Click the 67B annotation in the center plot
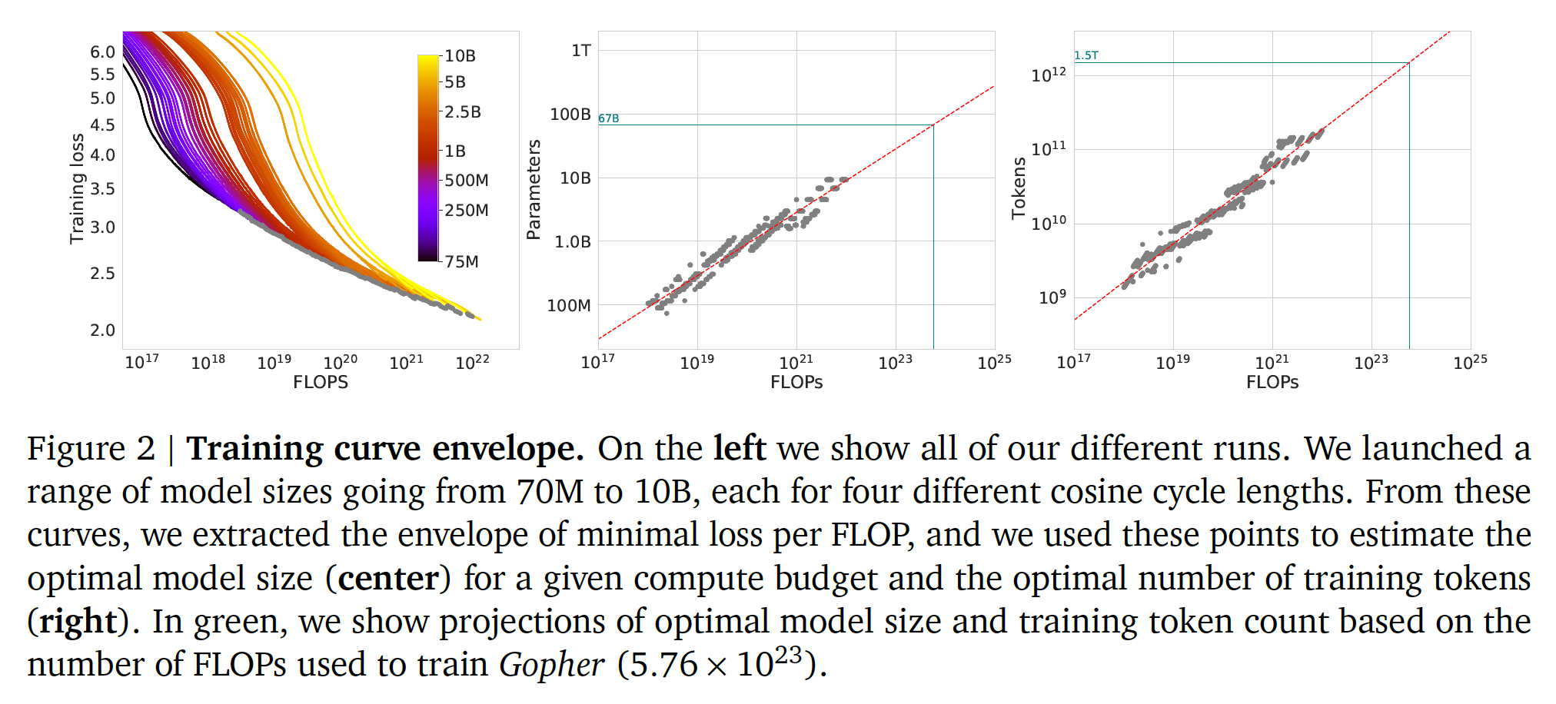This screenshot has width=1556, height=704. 608,118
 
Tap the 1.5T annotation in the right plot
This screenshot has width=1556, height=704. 1086,55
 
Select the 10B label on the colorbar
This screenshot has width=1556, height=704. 460,55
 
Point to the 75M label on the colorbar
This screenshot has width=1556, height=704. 461,261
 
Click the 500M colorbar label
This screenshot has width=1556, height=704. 466,180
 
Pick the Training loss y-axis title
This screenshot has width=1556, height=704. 77,188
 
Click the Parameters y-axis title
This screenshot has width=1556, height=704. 534,189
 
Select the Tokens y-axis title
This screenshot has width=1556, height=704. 1019,188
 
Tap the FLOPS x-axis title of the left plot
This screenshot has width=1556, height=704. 320,382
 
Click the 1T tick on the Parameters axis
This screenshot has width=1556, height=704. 581,51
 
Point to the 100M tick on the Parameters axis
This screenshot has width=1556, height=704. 569,305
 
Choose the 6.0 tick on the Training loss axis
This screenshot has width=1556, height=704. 102,51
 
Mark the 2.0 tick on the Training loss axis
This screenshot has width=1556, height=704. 102,330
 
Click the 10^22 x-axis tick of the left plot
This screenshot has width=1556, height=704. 472,362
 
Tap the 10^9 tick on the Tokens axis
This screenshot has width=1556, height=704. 1052,297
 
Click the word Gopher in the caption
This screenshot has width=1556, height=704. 551,664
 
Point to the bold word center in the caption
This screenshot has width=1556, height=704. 388,578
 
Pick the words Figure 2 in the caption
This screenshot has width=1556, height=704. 91,448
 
